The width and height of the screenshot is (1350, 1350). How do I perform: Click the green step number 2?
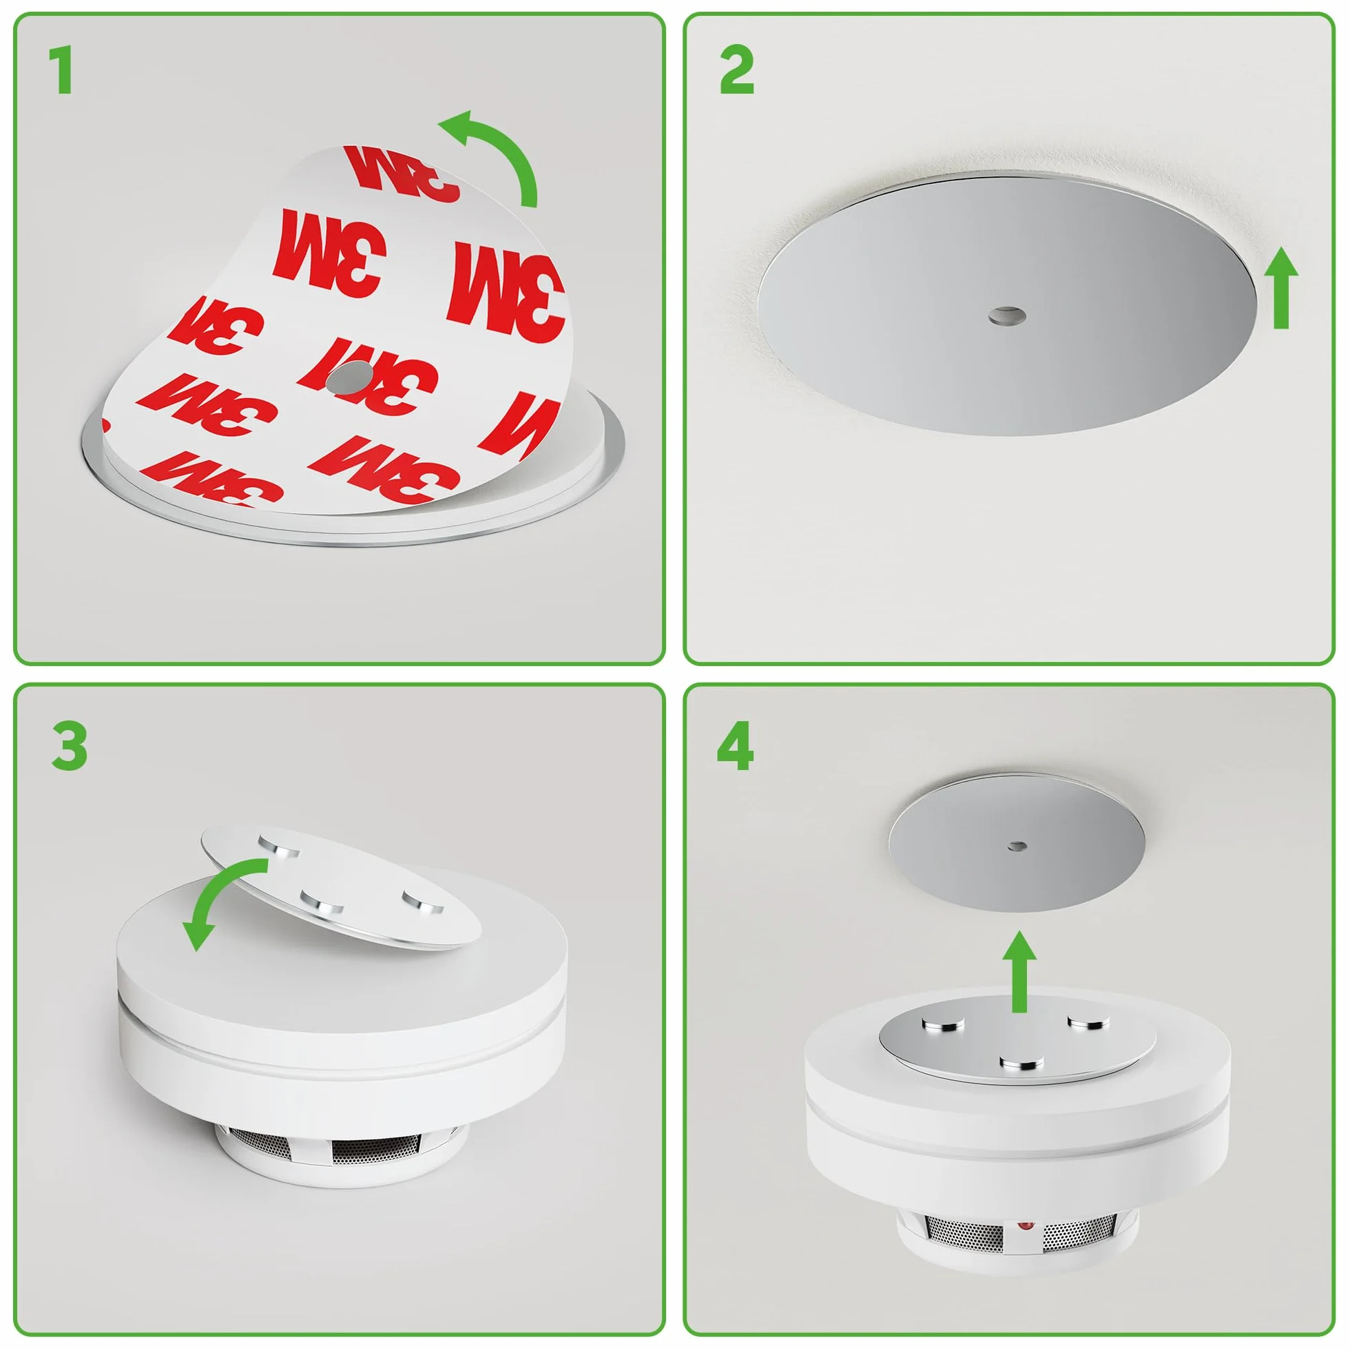pos(736,70)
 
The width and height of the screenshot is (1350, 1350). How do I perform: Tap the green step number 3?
pos(70,746)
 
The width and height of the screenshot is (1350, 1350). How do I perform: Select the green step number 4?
pos(735,746)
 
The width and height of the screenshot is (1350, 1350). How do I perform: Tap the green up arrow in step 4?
pos(1020,971)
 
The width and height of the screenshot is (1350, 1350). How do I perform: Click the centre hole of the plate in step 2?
pos(1007,315)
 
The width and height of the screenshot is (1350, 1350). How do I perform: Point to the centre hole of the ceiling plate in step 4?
pos(1017,847)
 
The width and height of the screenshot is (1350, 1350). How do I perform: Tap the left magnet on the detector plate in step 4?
pos(944,1025)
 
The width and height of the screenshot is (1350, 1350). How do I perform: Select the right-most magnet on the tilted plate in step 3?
pos(423,902)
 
